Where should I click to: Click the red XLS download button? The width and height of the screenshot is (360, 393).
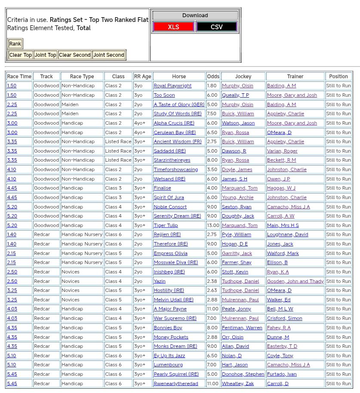tap(173, 27)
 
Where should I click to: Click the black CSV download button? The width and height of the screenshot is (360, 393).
tap(216, 27)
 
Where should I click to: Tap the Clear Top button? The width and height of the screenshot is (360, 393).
tap(21, 55)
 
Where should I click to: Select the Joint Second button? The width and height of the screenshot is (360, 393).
tap(109, 55)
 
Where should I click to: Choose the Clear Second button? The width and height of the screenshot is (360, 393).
tap(75, 55)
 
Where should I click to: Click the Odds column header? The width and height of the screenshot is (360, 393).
tap(213, 77)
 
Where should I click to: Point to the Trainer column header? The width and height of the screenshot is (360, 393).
tap(295, 77)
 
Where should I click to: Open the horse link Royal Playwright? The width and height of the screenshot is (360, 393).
tap(172, 86)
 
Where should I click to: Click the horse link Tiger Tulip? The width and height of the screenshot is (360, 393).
tap(166, 225)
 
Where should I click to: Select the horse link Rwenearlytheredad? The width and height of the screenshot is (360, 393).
tap(176, 384)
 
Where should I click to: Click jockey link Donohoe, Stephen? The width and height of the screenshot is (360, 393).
tap(243, 374)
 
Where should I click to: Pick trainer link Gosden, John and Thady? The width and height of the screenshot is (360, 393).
tap(295, 281)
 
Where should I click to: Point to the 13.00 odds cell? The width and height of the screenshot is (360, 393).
tap(213, 225)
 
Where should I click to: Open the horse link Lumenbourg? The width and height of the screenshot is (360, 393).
tap(168, 365)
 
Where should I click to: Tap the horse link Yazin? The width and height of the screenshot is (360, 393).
tap(160, 281)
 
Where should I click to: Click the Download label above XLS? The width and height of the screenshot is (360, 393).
tap(195, 15)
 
